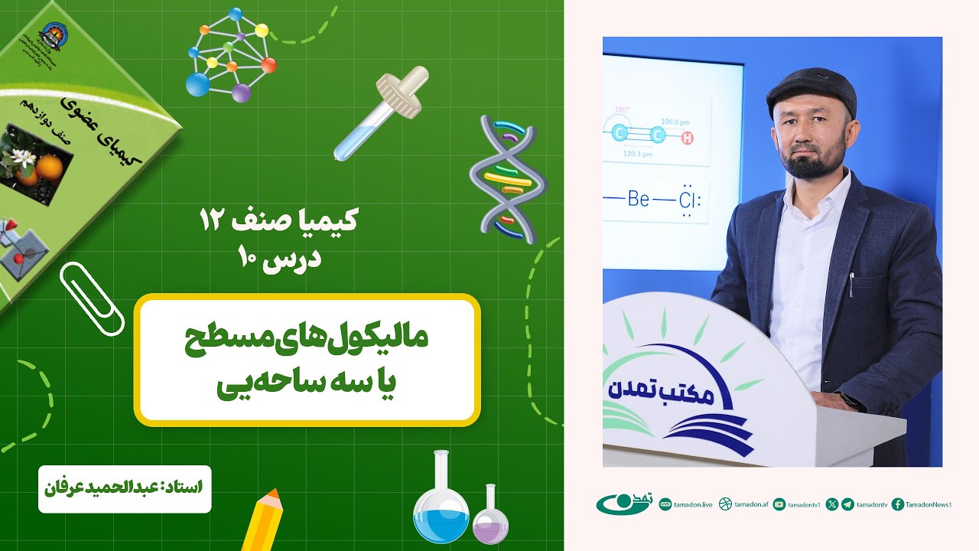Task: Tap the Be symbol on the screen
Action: click(638, 200)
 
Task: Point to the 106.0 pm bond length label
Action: click(676, 121)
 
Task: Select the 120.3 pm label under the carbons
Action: click(637, 154)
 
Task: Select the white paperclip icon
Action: click(92, 298)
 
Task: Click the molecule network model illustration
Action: click(230, 56)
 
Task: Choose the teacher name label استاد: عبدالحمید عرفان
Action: click(124, 486)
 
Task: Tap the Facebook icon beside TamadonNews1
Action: click(898, 504)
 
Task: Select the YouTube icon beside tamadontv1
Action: click(779, 504)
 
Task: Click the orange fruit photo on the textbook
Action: click(38, 161)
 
